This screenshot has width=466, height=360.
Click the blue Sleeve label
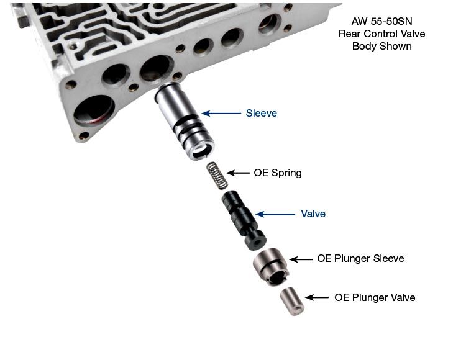261,113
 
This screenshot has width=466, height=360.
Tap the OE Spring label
278,173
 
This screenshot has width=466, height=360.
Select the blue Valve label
313,214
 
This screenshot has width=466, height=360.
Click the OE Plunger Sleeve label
360,258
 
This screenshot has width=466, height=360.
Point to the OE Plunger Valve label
375,297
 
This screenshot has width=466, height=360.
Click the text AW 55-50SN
381,21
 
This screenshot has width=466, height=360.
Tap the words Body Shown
382,47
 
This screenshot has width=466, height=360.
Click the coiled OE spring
217,176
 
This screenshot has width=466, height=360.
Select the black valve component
244,220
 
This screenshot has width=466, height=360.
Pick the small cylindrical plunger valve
291,302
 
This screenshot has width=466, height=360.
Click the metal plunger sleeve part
271,266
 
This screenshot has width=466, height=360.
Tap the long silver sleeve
184,121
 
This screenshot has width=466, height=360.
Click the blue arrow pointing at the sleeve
221,114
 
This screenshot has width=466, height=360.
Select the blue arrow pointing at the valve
275,214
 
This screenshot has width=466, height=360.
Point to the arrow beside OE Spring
238,173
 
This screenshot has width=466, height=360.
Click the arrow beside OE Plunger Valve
317,297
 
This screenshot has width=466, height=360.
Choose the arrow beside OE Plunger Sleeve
301,259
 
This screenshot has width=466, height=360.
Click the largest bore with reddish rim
94,110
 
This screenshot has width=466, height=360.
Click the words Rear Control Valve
381,34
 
